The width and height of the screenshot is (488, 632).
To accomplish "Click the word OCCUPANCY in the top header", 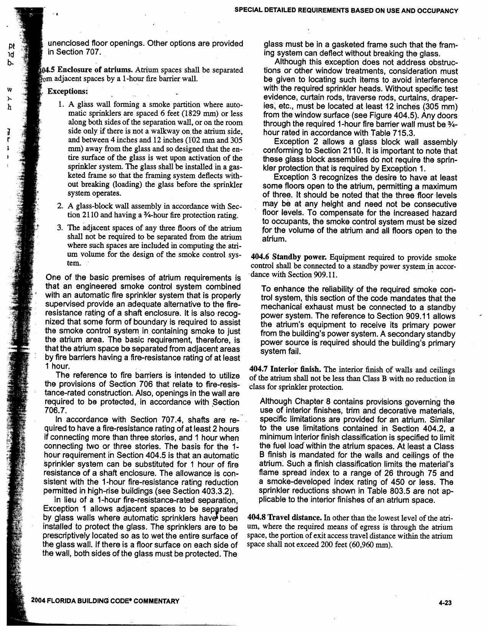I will pyautogui.click(x=436, y=11).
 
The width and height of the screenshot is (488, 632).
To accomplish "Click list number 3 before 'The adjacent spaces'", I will pyautogui.click(x=60, y=228).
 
